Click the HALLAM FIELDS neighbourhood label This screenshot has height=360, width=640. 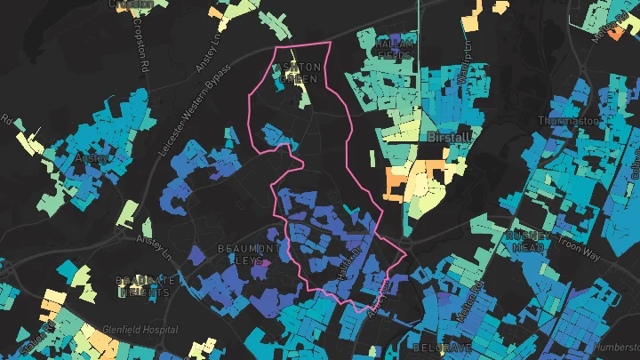pos(395,49)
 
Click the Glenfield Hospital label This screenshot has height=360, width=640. pos(140,330)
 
